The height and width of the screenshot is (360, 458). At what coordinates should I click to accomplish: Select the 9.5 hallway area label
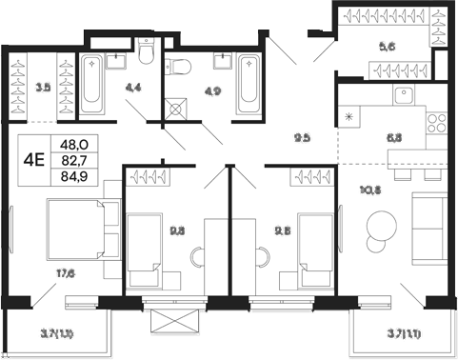(302, 137)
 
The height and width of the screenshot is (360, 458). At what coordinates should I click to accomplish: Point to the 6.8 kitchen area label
(393, 137)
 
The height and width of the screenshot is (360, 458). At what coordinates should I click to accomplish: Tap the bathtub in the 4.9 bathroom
(247, 85)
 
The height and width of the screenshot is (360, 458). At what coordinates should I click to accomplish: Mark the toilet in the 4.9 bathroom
(177, 67)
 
